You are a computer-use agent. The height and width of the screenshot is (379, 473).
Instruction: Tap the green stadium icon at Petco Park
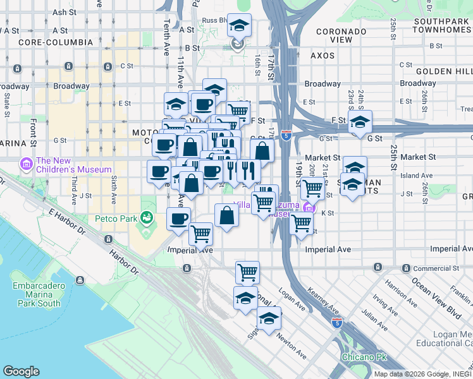147,219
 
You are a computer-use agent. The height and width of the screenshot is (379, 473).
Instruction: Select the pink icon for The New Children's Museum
27,165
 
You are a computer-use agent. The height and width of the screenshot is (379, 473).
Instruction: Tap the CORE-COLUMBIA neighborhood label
56,42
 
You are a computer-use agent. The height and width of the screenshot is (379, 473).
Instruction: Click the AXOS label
322,56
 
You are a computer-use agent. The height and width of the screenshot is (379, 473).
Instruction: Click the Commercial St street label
435,269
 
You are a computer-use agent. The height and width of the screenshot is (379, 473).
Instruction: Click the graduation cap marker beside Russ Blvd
239,26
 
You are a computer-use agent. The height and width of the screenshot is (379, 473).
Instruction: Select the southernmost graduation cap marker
269,319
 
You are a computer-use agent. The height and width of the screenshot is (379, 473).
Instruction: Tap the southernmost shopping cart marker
247,272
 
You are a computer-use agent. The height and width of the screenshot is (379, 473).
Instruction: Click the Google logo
21,371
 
